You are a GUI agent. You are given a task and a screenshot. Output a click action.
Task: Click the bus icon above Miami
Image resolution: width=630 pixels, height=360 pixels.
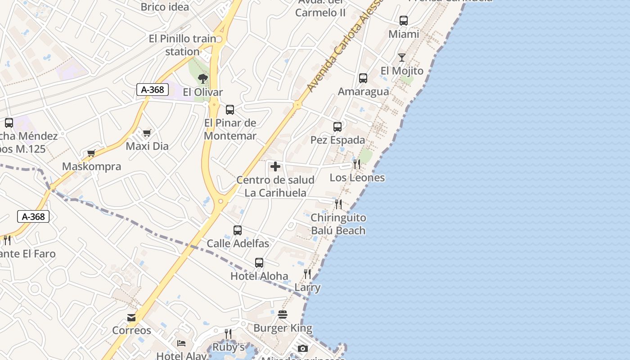[404, 21]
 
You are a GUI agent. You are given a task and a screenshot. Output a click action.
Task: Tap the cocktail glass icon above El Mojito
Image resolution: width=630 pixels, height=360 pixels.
[402, 58]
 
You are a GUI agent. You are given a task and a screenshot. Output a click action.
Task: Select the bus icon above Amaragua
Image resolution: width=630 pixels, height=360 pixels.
[363, 78]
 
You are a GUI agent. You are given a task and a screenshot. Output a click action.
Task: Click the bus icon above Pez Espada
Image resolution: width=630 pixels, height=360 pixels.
[337, 127]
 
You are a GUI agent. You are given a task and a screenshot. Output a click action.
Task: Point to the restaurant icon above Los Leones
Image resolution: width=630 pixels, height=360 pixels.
[357, 164]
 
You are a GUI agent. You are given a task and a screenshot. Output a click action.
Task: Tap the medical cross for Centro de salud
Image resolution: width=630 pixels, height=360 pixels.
[275, 167]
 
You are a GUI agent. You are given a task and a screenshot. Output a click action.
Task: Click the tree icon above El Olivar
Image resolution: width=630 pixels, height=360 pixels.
[203, 79]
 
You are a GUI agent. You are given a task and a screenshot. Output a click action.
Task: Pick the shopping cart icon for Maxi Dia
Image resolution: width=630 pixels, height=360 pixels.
[147, 133]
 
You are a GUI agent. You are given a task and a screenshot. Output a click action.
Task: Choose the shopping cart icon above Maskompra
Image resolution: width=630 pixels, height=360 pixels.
[91, 153]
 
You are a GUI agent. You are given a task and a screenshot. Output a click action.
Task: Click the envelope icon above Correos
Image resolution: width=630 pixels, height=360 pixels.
[131, 318]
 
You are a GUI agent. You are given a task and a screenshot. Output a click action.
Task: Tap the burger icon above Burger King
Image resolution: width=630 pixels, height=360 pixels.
[283, 315]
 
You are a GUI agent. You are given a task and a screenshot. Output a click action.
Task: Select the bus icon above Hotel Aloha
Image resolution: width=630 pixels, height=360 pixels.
[259, 263]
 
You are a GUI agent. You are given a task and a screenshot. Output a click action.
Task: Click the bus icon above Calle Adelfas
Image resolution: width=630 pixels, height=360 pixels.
[238, 230]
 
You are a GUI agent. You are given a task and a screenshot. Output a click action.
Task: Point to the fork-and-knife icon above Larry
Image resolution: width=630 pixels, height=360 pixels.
[307, 274]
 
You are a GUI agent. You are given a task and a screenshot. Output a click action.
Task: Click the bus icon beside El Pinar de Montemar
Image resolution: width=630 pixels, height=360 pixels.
[230, 110]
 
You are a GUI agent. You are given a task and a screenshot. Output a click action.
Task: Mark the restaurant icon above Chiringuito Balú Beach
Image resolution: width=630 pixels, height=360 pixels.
[338, 204]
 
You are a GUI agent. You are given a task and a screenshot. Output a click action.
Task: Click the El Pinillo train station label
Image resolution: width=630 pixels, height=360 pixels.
[182, 45]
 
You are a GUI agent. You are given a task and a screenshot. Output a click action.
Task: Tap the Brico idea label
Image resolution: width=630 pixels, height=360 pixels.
[165, 7]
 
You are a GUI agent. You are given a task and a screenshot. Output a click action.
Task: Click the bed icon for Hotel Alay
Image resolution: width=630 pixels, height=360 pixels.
[181, 343]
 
